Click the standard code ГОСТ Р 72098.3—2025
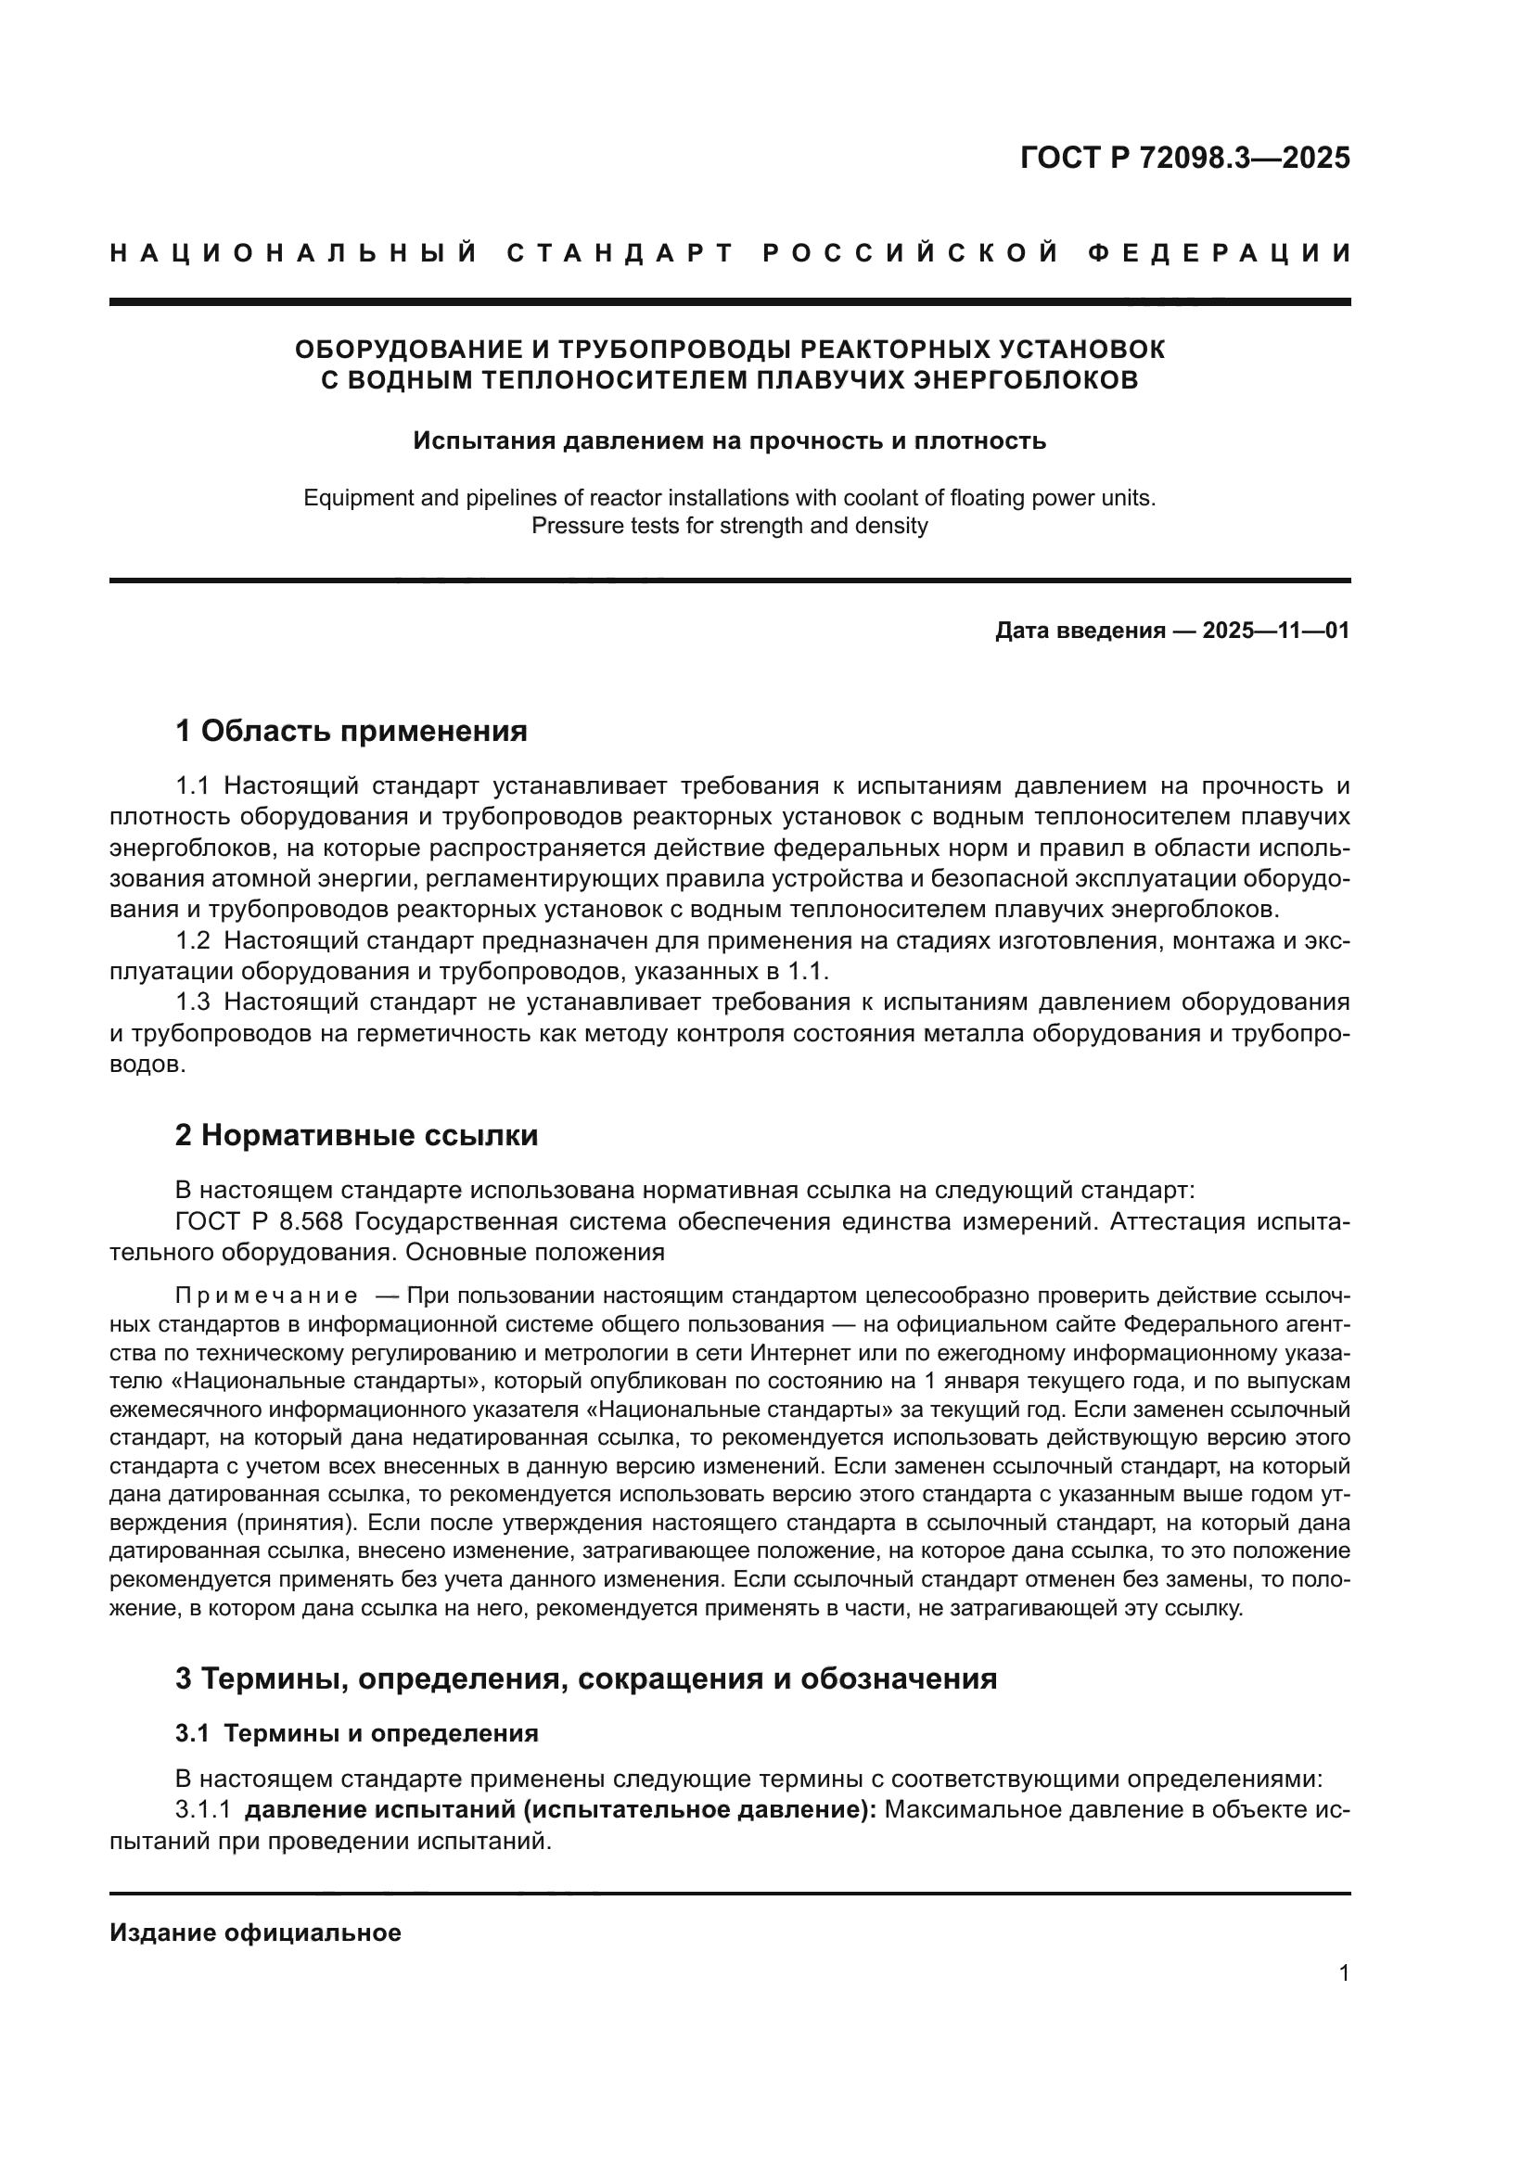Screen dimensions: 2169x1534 click(1184, 158)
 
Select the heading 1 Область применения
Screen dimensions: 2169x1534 click(351, 730)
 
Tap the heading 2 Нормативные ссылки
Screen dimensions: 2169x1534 click(356, 1134)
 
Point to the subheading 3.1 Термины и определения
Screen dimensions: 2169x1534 click(356, 1732)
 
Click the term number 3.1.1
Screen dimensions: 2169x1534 click(203, 1810)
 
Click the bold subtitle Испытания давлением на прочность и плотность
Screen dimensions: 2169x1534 click(729, 441)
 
